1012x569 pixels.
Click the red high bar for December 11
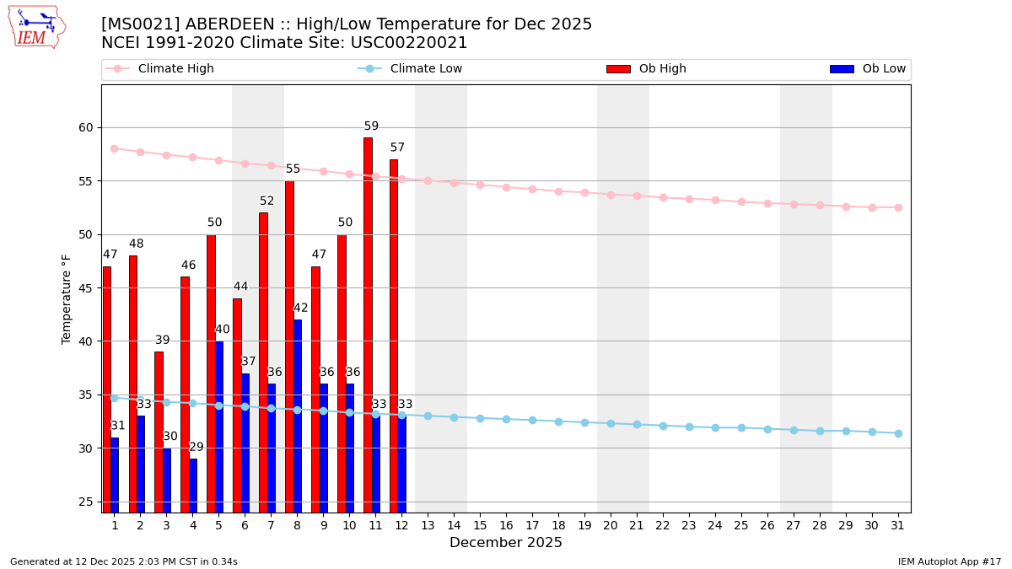[368, 325]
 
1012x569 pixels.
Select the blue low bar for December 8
[298, 416]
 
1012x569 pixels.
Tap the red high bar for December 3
[159, 432]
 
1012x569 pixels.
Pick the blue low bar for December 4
[193, 485]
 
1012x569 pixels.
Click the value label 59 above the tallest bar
[371, 126]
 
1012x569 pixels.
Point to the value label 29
[196, 447]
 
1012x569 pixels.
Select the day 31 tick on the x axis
[898, 525]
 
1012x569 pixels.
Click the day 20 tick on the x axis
[611, 525]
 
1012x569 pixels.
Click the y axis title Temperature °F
[67, 298]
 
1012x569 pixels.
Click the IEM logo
[36, 27]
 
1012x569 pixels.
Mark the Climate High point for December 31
[898, 207]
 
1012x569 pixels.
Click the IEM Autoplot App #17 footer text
[950, 561]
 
